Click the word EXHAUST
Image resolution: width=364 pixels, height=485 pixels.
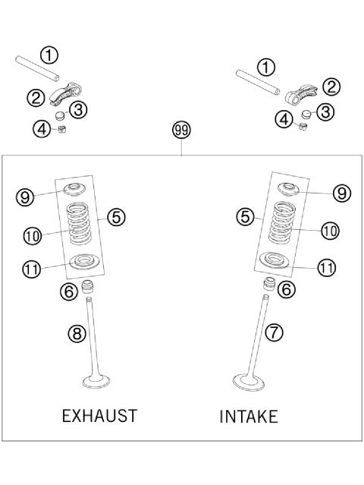point(99,416)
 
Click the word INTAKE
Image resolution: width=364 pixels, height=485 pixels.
point(248,417)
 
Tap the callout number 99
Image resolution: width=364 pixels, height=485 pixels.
point(181,131)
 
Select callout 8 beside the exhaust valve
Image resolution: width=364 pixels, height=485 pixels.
point(78,332)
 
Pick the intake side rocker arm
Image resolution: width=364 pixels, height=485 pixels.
point(302,93)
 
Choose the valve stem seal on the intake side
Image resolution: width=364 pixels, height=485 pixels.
point(269,286)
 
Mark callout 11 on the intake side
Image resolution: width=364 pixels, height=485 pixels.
point(326,268)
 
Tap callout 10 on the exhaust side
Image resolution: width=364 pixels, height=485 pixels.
point(31,236)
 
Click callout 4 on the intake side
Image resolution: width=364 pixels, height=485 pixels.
point(283,118)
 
